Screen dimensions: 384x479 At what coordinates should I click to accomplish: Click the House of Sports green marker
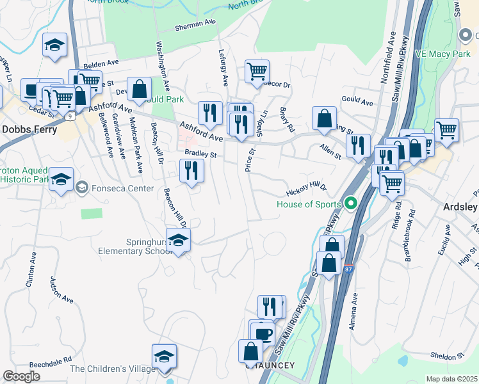point(350,205)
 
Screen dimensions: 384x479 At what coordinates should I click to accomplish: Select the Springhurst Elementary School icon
point(179,241)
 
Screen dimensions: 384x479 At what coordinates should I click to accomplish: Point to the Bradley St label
point(201,154)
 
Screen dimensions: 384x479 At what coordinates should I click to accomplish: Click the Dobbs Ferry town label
point(29,129)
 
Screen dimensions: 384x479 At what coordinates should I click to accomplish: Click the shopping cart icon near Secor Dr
point(257,72)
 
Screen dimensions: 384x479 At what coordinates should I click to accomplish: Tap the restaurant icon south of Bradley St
point(191,171)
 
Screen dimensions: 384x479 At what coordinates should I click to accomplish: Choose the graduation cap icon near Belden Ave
point(54,45)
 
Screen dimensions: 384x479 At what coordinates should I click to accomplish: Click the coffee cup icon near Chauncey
point(262,333)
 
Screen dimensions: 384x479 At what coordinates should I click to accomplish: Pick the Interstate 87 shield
point(348,264)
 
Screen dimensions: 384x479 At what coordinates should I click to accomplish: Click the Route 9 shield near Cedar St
point(70,116)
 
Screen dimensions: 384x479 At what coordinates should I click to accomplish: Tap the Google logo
point(21,376)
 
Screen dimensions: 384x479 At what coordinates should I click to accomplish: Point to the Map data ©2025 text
point(451,379)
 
